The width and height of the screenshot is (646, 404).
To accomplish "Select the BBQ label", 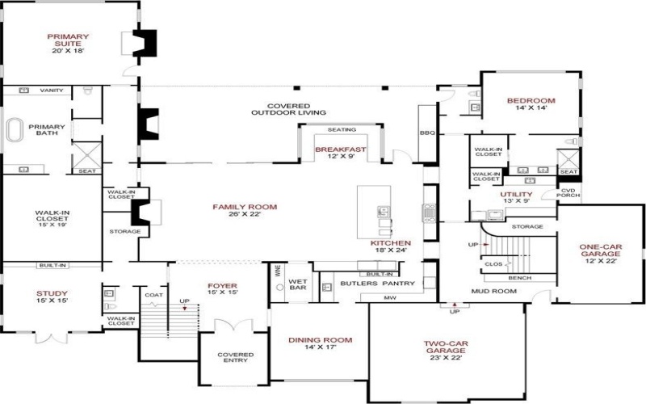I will coord(427,133).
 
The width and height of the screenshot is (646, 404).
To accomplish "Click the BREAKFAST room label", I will coord(341,150).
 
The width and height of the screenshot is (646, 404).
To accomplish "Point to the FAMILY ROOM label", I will coord(245,208).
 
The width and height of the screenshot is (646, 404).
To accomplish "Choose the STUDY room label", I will coord(52,294).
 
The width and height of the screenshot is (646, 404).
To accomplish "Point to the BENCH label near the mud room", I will coord(519,277).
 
